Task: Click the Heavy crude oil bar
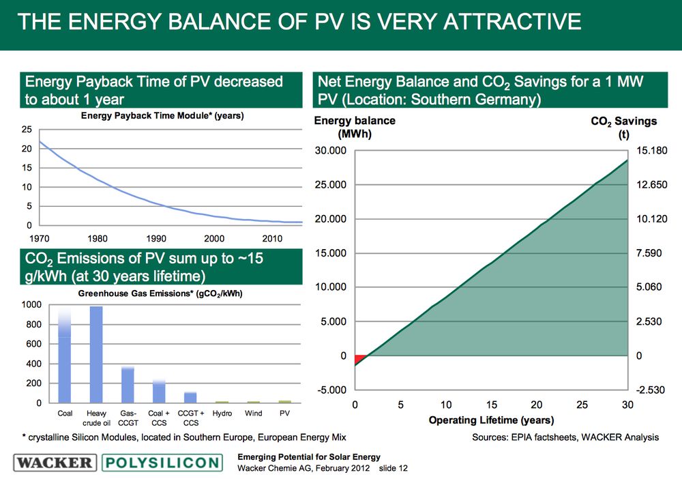(96, 355)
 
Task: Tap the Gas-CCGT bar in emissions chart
(128, 385)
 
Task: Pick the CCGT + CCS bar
(190, 397)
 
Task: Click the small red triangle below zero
(359, 360)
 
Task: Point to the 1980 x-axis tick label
(98, 238)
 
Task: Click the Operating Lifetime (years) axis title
(491, 420)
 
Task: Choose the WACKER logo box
(55, 463)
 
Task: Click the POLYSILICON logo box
(162, 463)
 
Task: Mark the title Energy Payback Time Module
(162, 116)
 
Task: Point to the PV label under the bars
(285, 414)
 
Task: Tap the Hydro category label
(222, 414)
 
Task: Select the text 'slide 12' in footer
(393, 469)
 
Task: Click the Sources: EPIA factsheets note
(565, 437)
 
